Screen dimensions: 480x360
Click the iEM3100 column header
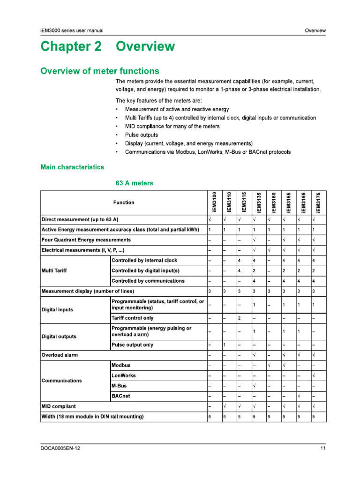[214, 202]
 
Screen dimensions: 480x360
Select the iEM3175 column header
[318, 202]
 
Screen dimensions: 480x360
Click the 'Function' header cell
[123, 202]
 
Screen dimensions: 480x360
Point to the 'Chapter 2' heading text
[71, 47]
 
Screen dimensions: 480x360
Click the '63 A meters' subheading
[134, 183]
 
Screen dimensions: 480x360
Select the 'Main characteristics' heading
[72, 167]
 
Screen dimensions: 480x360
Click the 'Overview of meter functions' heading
[99, 71]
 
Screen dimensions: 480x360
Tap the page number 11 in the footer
[323, 449]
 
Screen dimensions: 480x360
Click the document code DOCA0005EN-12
[60, 449]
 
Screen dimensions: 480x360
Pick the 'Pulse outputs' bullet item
[142, 135]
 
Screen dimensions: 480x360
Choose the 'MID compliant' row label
[59, 406]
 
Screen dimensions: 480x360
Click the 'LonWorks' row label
[124, 375]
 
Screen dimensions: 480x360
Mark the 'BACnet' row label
[121, 396]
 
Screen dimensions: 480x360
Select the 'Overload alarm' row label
[60, 355]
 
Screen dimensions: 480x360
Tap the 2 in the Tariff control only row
[239, 319]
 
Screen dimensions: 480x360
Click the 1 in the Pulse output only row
[225, 345]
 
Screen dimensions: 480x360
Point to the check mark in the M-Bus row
[254, 386]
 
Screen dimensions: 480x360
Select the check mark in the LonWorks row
[314, 375]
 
